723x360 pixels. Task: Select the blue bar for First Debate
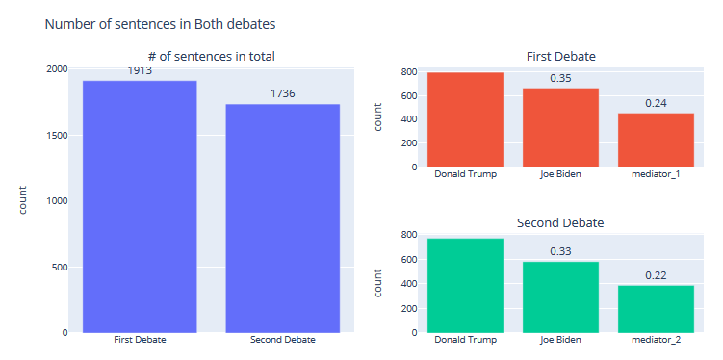pyautogui.click(x=140, y=206)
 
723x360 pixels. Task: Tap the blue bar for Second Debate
pyautogui.click(x=282, y=218)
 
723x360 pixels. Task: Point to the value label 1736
pyautogui.click(x=282, y=94)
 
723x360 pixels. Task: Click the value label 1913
pyautogui.click(x=140, y=71)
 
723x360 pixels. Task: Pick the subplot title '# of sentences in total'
pyautogui.click(x=211, y=56)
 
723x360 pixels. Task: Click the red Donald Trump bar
pyautogui.click(x=465, y=119)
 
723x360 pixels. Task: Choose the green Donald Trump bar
pyautogui.click(x=465, y=285)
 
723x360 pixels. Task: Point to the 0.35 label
pyautogui.click(x=560, y=78)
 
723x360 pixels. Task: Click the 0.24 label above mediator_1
pyautogui.click(x=656, y=103)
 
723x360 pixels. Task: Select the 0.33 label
pyautogui.click(x=560, y=251)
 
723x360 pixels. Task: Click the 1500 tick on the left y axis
pyautogui.click(x=56, y=135)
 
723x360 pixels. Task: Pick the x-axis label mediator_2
pyautogui.click(x=656, y=340)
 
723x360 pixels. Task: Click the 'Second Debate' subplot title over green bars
pyautogui.click(x=560, y=222)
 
